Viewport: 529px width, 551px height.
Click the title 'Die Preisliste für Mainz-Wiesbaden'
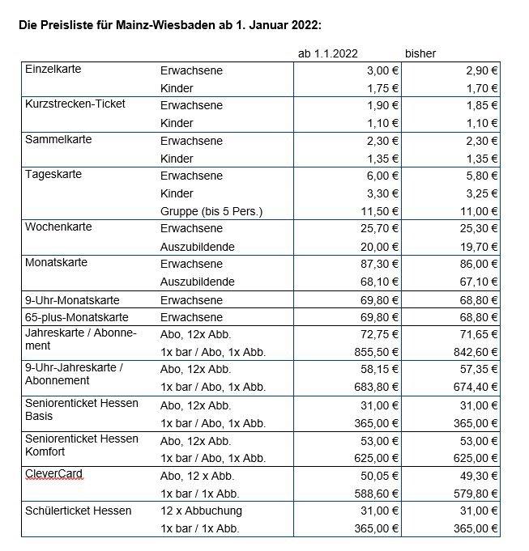click(x=169, y=24)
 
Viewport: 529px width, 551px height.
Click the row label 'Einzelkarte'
click(x=53, y=70)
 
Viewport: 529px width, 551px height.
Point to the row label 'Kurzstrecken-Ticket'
click(x=75, y=104)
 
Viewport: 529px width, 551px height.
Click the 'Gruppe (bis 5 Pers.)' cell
click(x=212, y=211)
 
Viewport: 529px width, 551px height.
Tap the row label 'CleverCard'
click(x=53, y=473)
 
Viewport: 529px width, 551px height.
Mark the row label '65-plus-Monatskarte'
click(x=77, y=316)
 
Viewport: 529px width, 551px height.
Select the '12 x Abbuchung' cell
click(x=201, y=511)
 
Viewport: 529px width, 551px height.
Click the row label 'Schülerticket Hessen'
click(x=78, y=511)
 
